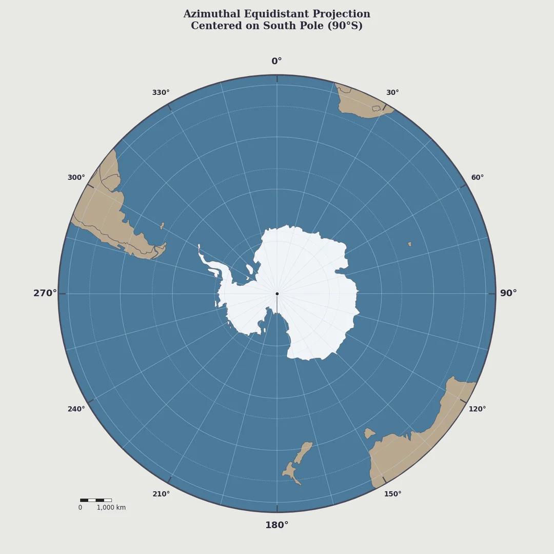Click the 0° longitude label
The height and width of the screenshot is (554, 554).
pos(276,62)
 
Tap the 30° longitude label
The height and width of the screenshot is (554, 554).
pos(392,93)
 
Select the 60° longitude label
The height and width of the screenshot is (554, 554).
pos(477,177)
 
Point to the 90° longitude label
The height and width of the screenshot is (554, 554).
pos(508,293)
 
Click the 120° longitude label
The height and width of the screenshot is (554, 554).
pos(477,409)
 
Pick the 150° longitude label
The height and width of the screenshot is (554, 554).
pos(392,494)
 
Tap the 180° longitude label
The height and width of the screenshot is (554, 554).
pos(276,525)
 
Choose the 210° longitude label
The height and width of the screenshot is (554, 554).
pos(161,494)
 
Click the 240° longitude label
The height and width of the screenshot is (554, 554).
pos(76,409)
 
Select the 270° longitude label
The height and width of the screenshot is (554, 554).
pos(45,293)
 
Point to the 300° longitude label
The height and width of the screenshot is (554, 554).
pos(76,177)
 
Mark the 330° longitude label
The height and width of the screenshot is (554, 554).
pos(161,93)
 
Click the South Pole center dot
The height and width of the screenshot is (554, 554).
pos(277,294)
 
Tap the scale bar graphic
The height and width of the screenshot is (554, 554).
pos(95,500)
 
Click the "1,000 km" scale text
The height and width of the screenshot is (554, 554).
pos(111,508)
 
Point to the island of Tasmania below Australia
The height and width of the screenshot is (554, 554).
pos(369,433)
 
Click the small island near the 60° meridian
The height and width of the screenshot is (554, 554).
pos(409,244)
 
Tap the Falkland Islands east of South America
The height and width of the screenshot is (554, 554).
pos(162,225)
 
